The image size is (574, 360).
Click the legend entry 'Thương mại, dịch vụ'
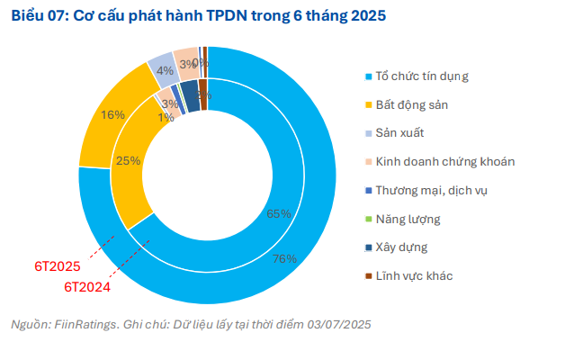click(x=432, y=190)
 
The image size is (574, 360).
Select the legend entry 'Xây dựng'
click(x=401, y=247)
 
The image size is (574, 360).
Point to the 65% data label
click(x=279, y=214)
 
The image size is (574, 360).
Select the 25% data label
click(x=128, y=160)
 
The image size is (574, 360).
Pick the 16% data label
click(x=112, y=114)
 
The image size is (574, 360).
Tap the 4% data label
click(x=164, y=70)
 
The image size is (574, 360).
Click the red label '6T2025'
click(x=58, y=266)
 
